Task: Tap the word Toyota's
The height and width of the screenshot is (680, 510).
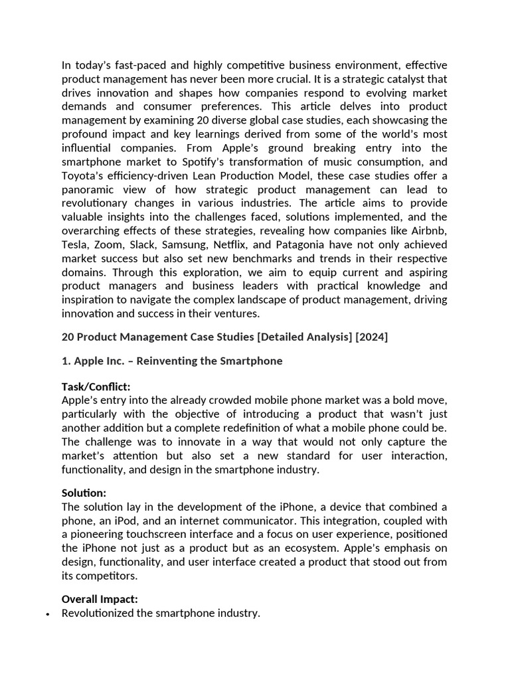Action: pos(83,175)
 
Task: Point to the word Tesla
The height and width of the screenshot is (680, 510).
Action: pos(75,244)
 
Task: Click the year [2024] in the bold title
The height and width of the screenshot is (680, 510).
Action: pos(371,337)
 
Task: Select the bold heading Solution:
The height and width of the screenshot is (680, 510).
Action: pos(84,493)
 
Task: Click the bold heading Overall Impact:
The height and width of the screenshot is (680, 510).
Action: pos(100,599)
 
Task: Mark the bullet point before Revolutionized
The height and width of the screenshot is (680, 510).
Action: pos(47,614)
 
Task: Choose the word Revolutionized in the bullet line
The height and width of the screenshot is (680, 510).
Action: pos(97,613)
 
